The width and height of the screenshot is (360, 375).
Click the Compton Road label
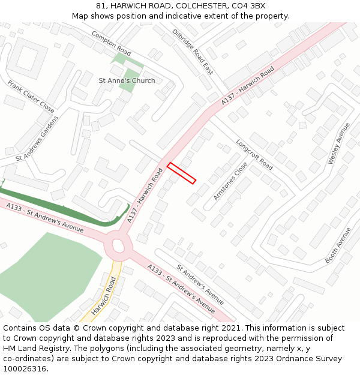click(111, 43)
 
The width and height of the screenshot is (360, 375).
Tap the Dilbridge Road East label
click(193, 52)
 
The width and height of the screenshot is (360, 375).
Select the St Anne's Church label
click(127, 80)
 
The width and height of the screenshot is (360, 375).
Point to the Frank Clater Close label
click(31, 96)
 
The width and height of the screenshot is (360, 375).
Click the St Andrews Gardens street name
click(37, 139)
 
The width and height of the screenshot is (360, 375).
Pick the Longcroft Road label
click(254, 155)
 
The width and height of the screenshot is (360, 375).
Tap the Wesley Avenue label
click(338, 144)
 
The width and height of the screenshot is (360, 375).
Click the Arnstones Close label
click(230, 181)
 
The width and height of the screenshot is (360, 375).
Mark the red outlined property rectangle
click(181, 173)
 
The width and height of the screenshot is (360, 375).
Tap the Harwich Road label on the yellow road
click(103, 296)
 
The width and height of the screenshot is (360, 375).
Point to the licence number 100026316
click(25, 369)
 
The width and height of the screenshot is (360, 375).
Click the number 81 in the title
click(100, 6)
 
